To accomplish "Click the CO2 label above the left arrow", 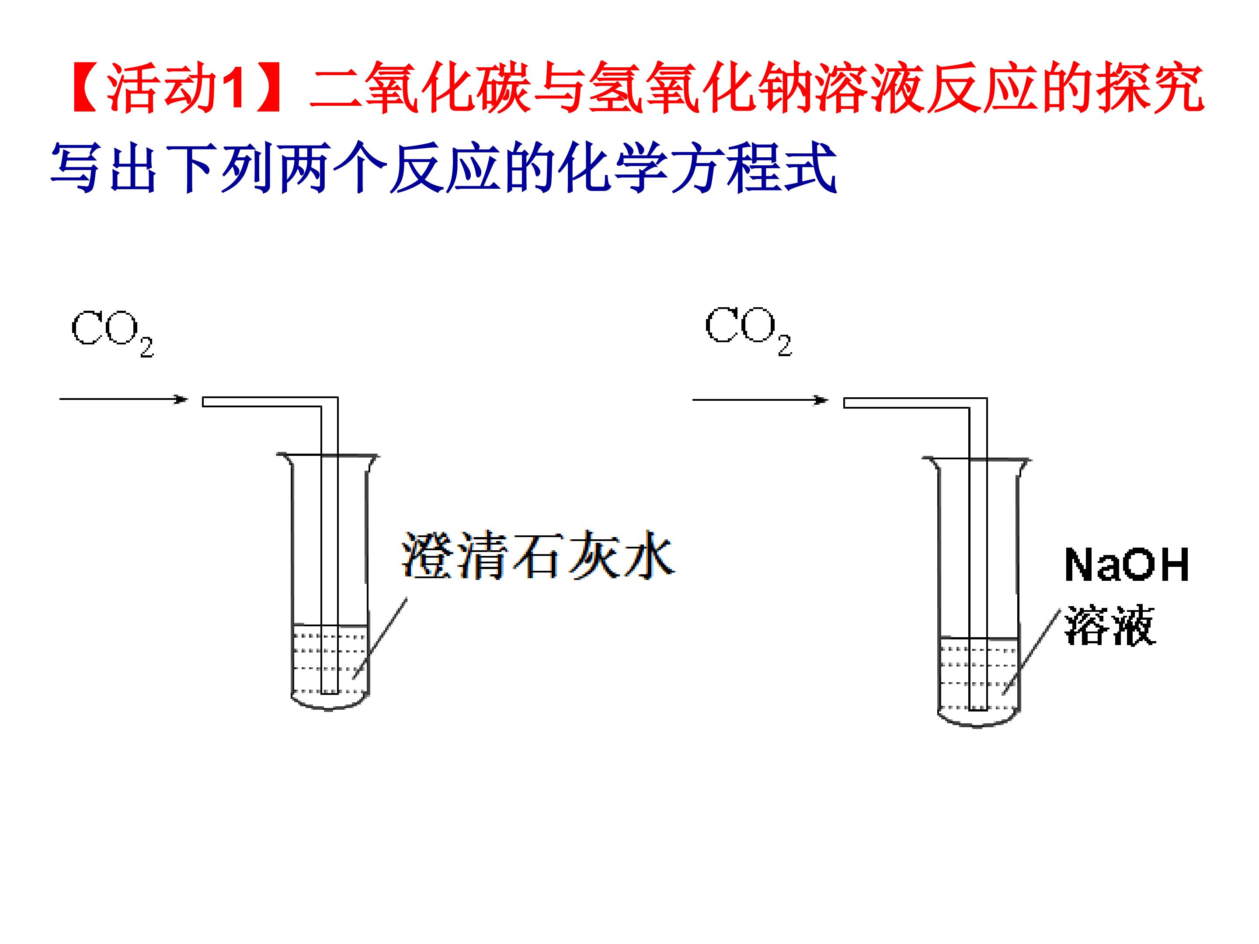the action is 113,333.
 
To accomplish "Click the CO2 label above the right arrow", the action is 748,332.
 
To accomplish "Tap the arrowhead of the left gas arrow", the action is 181,399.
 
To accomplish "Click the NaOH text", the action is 1127,565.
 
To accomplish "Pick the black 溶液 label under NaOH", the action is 1110,625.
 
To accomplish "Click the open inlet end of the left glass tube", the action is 204,402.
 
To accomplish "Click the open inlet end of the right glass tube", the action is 845,403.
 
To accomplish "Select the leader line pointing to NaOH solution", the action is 1031,652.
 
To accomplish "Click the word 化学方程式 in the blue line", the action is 697,168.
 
